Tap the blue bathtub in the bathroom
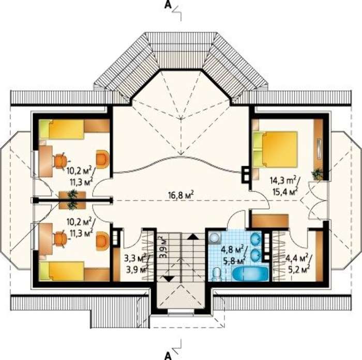[250, 274]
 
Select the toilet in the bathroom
[217, 274]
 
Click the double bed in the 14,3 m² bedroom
[275, 149]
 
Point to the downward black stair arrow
[169, 278]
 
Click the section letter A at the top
[168, 5]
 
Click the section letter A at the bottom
[168, 356]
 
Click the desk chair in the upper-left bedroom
[60, 160]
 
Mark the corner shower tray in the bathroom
[215, 238]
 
